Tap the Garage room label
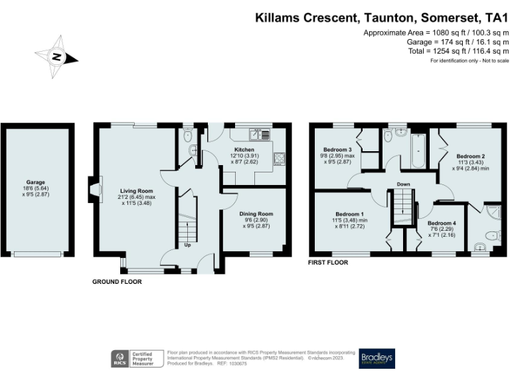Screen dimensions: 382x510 (35, 181)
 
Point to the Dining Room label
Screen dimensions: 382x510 (256, 214)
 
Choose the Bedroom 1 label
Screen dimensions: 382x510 (349, 214)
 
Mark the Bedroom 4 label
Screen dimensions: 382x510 (442, 223)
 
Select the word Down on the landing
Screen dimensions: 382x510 (403, 184)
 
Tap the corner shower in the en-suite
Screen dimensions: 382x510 (492, 213)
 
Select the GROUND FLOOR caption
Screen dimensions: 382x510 (117, 282)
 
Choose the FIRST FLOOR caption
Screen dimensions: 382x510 (328, 263)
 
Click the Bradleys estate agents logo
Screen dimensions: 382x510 (377, 358)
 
